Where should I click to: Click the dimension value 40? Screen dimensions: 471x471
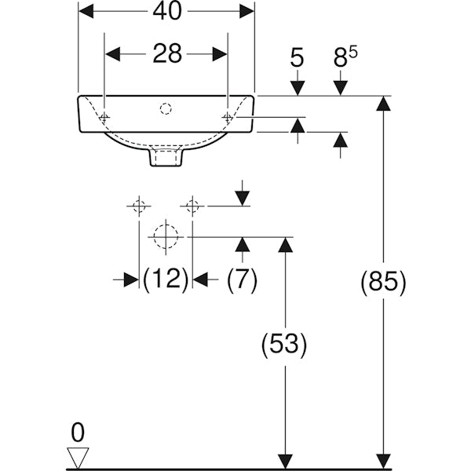click(166, 11)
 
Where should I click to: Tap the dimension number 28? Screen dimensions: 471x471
click(166, 53)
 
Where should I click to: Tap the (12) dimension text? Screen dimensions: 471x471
click(166, 279)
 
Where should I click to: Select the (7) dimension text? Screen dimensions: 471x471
click(241, 279)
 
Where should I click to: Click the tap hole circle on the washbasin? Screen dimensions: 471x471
click(166, 107)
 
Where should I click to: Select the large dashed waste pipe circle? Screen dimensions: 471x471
click(166, 235)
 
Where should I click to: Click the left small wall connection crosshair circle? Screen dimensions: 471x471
click(139, 206)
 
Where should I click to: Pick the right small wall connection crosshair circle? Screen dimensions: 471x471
click(192, 206)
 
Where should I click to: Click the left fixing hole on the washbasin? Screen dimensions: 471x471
click(105, 117)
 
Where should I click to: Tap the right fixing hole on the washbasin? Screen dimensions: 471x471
click(228, 117)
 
